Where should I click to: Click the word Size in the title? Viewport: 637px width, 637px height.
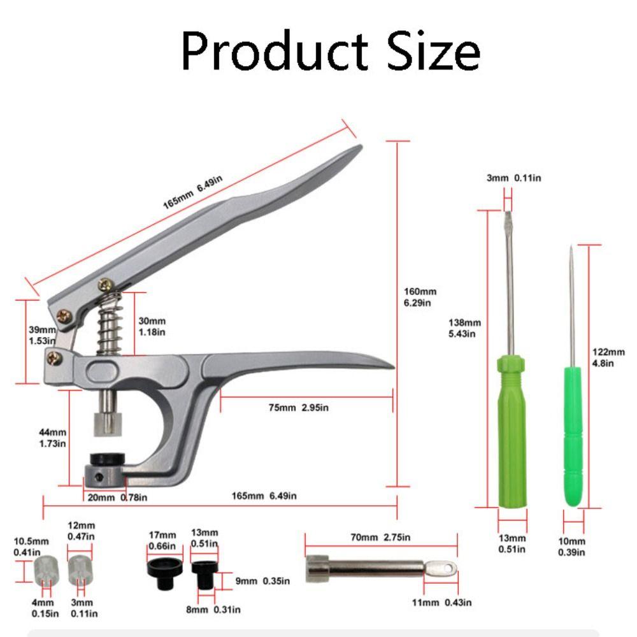[429, 51]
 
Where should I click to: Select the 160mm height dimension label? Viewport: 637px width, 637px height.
[420, 297]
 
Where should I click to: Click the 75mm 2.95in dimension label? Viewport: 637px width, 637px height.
[303, 408]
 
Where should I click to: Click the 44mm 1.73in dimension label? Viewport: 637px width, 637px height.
[52, 438]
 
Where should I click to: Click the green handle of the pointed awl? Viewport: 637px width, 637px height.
[573, 440]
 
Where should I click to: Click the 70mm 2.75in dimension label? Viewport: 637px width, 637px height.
[380, 538]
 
